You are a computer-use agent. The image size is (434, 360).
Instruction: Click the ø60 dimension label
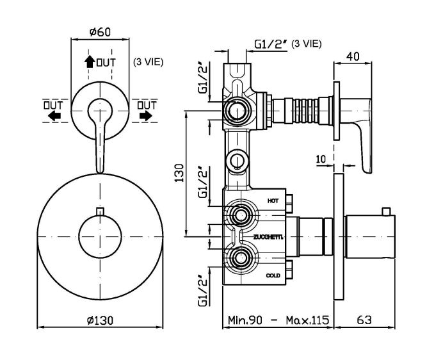click(100, 32)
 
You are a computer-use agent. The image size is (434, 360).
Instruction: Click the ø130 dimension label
click(100, 321)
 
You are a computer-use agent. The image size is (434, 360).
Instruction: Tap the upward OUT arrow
click(90, 61)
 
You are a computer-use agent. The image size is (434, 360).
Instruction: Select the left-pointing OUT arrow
click(54, 115)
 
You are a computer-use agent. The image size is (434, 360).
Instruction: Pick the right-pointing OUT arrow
click(145, 115)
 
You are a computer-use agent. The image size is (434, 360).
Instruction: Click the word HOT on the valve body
click(273, 200)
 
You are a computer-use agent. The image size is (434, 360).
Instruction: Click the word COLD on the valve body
click(273, 275)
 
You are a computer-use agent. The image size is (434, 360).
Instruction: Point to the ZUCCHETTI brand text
click(268, 237)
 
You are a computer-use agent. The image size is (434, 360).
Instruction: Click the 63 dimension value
click(364, 320)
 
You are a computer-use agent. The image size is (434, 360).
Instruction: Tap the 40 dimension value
click(353, 56)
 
